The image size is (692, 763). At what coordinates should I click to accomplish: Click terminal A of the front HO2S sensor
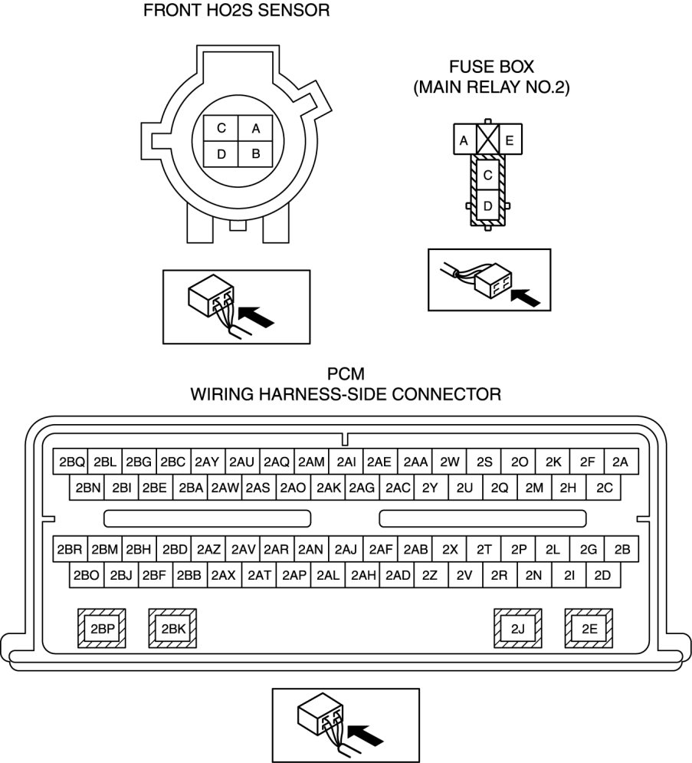(256, 128)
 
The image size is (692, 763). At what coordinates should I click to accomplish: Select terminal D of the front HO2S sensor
(221, 154)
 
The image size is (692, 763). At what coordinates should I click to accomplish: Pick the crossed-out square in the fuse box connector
(487, 140)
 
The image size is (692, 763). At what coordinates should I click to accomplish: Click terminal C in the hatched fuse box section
(487, 175)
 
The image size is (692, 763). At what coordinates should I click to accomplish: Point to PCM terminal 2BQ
(71, 462)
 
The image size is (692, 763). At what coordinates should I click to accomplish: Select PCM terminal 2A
(621, 462)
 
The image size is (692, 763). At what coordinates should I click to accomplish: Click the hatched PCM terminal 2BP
(102, 630)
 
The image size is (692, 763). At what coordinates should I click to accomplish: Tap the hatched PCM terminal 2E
(589, 630)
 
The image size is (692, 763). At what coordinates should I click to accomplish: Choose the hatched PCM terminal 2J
(518, 630)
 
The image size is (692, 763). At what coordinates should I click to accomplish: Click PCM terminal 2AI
(346, 462)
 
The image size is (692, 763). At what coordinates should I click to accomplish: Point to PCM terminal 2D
(602, 575)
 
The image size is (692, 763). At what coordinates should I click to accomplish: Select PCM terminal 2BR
(71, 549)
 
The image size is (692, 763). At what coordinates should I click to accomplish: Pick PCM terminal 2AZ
(208, 549)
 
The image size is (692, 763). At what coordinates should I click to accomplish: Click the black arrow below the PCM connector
(369, 735)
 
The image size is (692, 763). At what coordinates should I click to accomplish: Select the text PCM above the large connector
(346, 375)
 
